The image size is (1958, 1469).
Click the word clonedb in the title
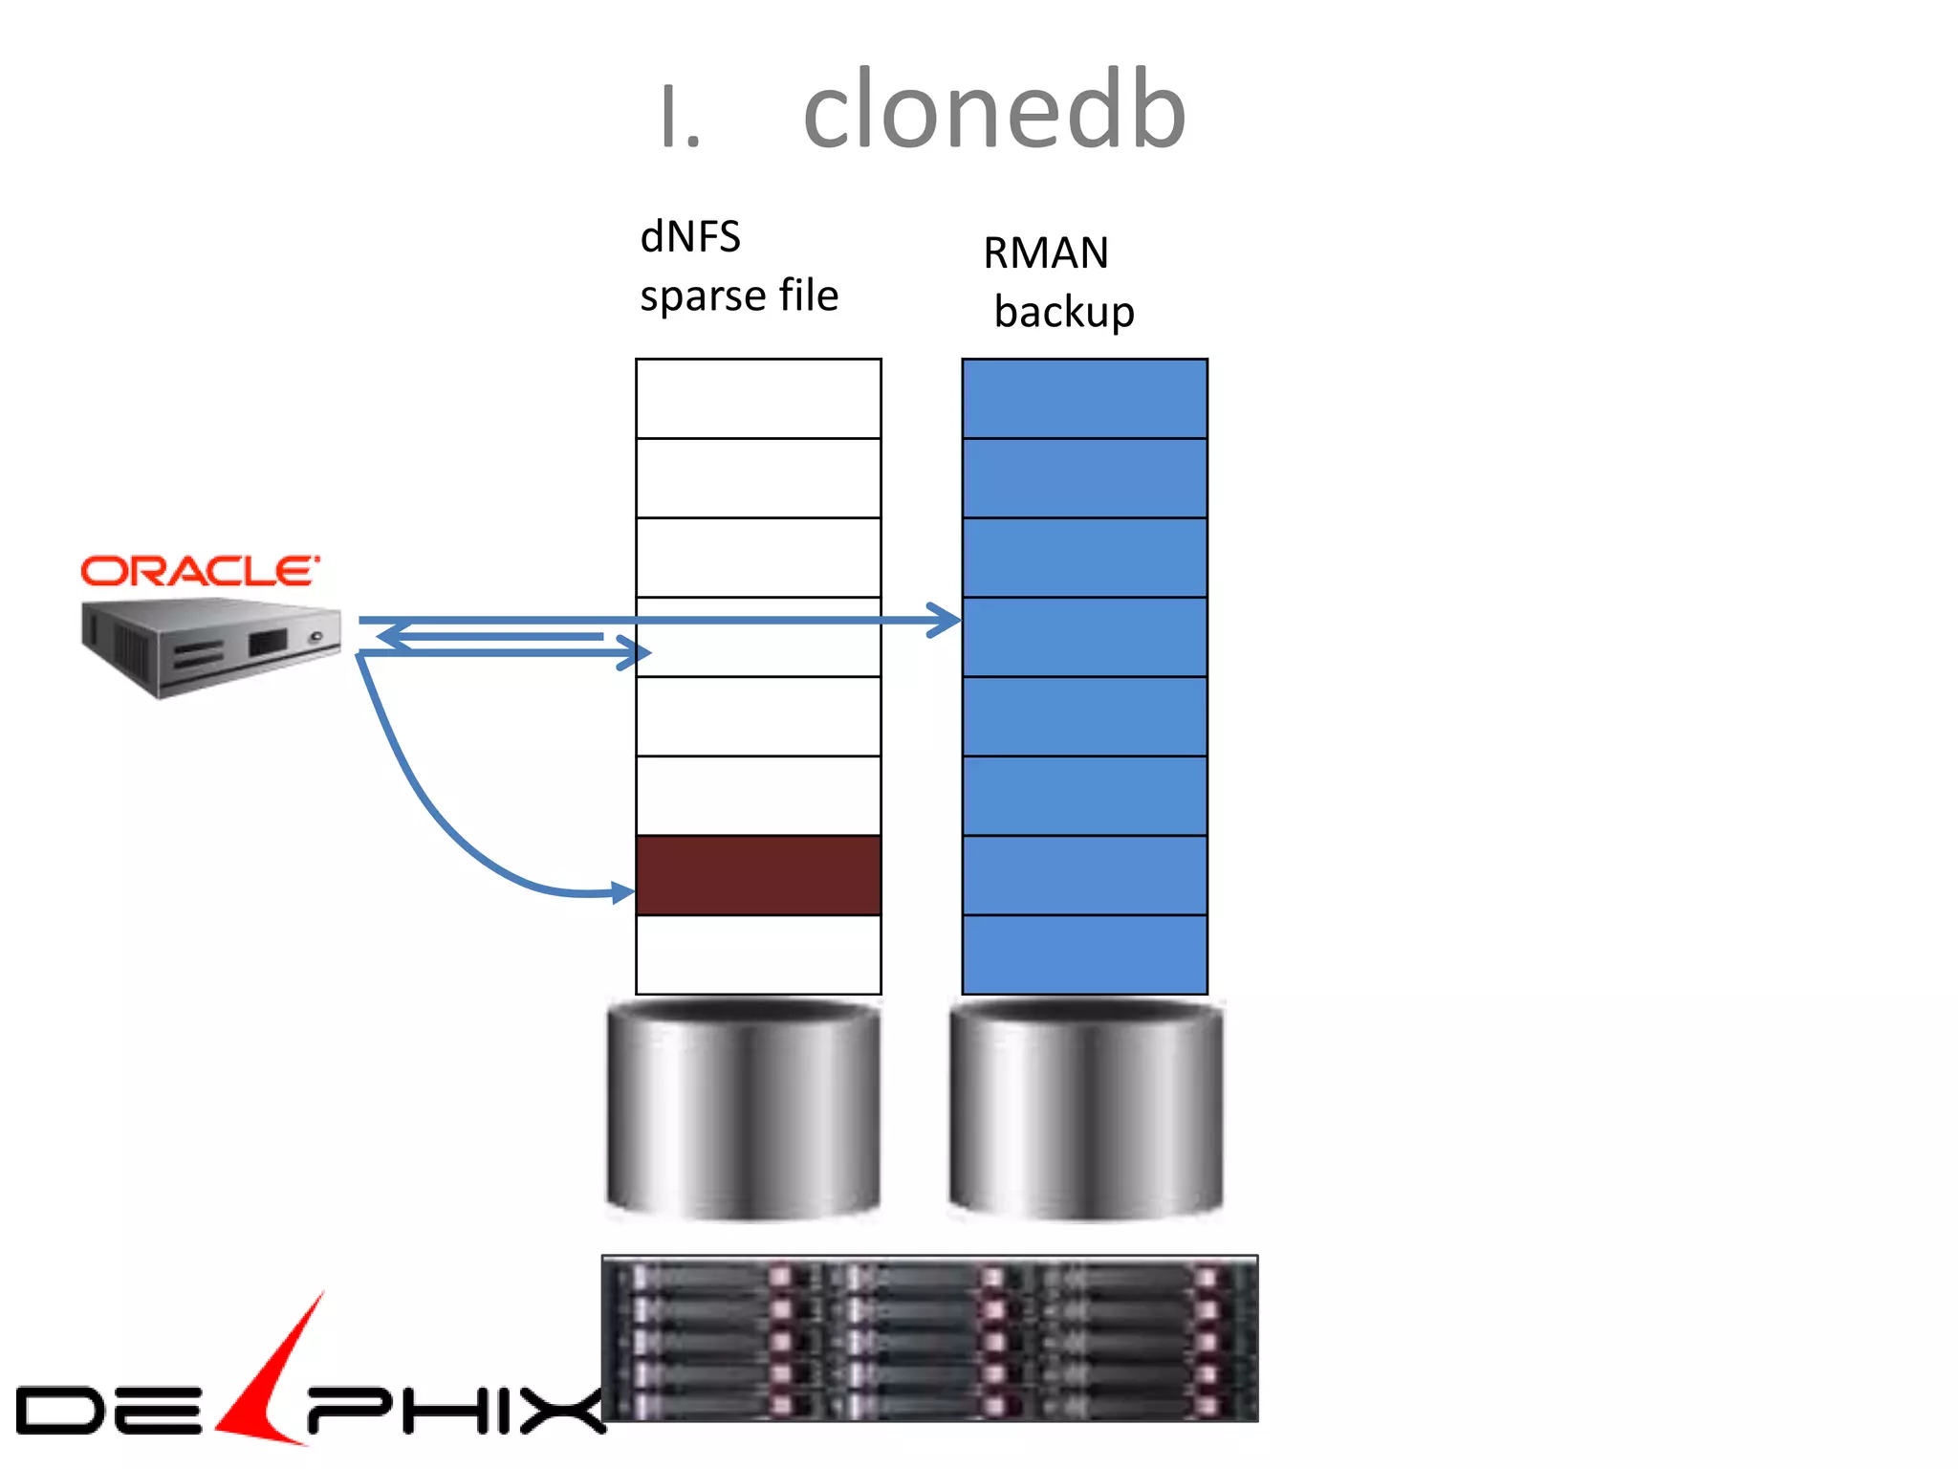(x=994, y=113)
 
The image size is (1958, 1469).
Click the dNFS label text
(x=690, y=237)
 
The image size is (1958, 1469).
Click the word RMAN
(x=1046, y=253)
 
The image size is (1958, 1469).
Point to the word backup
(x=1064, y=313)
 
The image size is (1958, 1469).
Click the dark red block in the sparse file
(x=758, y=875)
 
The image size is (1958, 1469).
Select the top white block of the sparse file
(x=758, y=399)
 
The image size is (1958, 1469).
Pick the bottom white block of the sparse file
(x=758, y=954)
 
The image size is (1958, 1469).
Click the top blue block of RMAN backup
(x=1084, y=399)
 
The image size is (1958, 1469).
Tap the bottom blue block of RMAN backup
(x=1084, y=954)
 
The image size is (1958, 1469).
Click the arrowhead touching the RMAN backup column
(x=946, y=621)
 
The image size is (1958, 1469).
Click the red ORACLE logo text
(x=199, y=572)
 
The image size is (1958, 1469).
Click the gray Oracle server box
(x=210, y=646)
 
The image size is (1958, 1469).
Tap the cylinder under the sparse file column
(x=744, y=1109)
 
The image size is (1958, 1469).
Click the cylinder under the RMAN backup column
(x=1086, y=1109)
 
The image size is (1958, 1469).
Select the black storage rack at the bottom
(x=929, y=1339)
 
